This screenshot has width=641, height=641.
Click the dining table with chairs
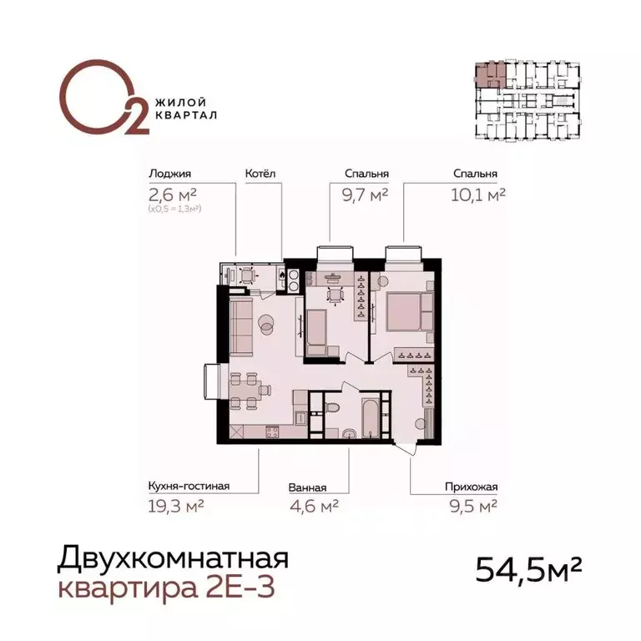click(248, 390)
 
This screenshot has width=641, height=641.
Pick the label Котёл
click(260, 174)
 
